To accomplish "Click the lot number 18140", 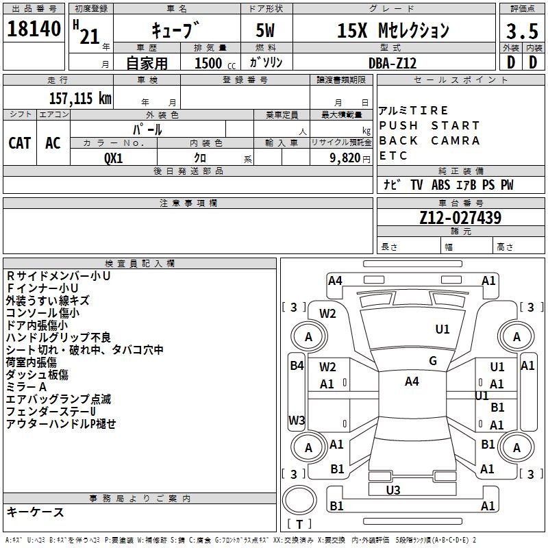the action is pos(34,29).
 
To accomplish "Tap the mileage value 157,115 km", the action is pos(80,98).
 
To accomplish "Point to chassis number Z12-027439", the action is pos(460,219).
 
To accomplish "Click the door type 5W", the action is pos(266,31).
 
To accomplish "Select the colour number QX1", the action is pos(113,157).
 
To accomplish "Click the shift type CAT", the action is pos(20,143).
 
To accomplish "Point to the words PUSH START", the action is pos(429,125).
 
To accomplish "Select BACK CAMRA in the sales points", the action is pos(429,140).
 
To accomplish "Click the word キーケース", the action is pos(35,512).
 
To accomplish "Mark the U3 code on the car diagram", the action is pos(393,490).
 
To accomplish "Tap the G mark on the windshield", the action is pos(432,361).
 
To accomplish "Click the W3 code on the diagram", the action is pos(297,420).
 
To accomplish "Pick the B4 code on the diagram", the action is pos(296,366).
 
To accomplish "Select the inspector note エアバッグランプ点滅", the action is pos(58,399).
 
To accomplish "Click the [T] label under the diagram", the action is pos(299,525).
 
